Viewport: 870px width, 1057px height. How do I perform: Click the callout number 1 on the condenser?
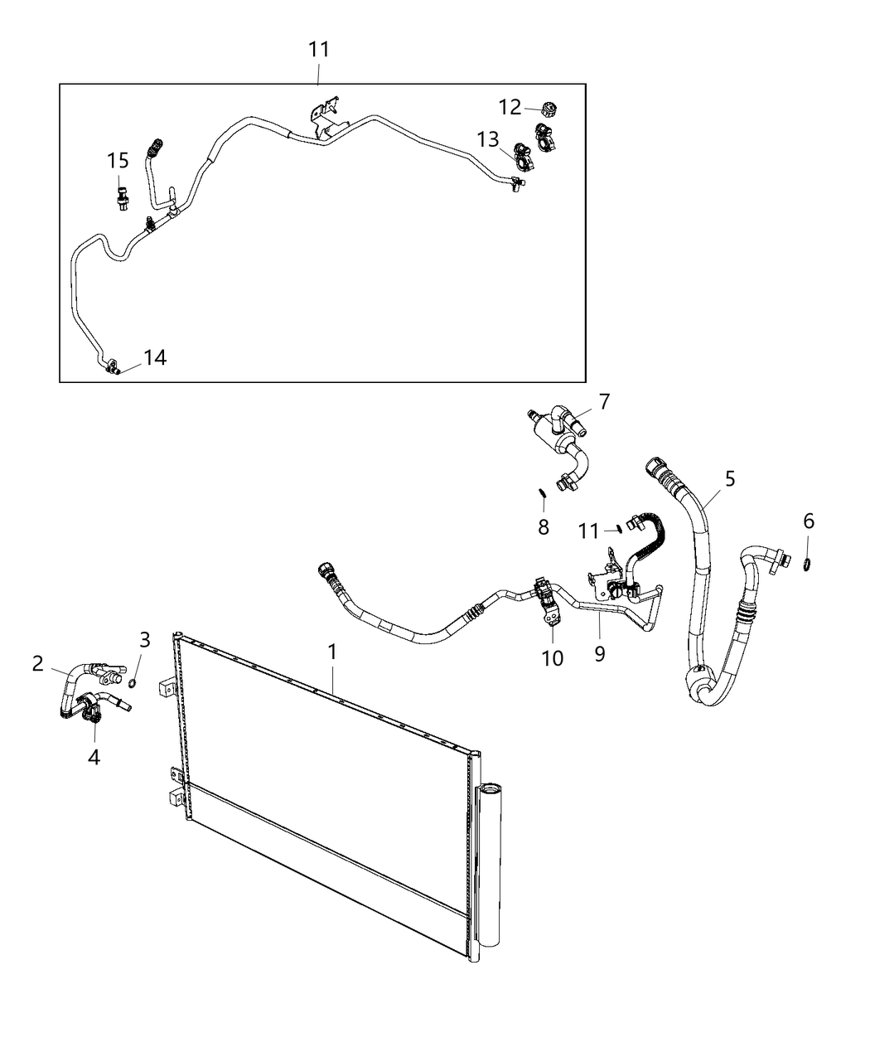point(332,652)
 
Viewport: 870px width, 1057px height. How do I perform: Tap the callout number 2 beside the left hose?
point(38,662)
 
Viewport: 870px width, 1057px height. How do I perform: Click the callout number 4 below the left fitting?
point(94,756)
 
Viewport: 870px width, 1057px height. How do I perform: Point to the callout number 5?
point(729,478)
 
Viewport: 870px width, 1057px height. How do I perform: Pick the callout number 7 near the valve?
point(604,402)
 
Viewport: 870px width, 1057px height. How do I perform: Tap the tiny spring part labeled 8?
point(540,494)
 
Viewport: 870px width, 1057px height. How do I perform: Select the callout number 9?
point(599,653)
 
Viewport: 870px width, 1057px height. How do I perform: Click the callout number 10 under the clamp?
point(552,657)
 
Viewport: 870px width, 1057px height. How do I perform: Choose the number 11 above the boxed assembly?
point(319,50)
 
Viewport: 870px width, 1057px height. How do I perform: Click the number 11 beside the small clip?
point(588,531)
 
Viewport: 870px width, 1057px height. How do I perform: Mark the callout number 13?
point(489,138)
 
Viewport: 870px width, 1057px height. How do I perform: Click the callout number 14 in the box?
point(155,357)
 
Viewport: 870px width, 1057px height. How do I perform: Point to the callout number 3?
point(144,639)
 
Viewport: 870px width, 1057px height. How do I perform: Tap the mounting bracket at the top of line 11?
point(326,112)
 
